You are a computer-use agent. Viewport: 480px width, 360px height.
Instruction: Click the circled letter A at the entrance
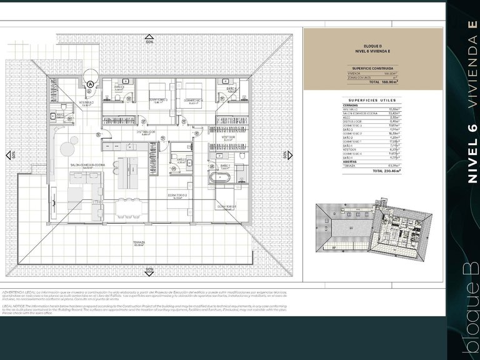91,84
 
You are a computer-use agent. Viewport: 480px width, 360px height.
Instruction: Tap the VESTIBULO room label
86,102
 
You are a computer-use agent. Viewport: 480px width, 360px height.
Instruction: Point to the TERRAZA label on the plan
139,243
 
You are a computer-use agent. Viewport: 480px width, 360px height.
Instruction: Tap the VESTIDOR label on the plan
228,137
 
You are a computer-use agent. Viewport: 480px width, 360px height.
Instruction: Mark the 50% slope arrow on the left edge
11,154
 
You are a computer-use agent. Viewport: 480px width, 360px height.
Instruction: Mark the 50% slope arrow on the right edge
284,154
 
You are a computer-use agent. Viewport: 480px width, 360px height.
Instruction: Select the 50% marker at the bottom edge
149,269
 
